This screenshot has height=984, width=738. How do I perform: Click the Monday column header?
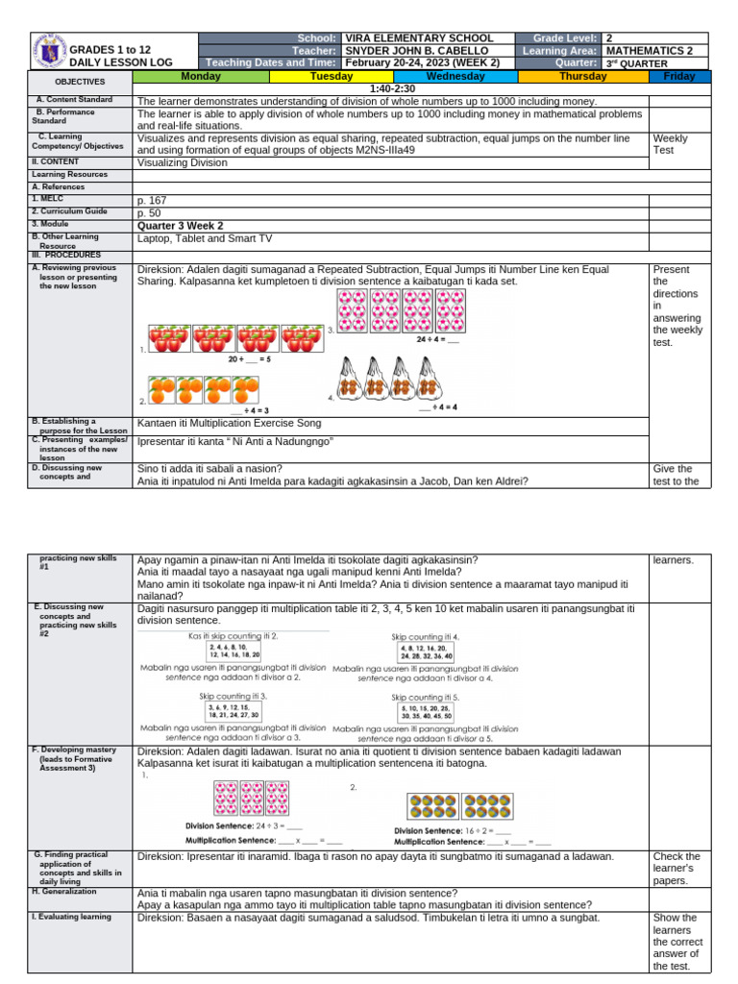tap(200, 76)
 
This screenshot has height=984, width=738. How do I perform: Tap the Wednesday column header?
tap(455, 76)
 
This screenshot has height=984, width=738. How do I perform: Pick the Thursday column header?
tap(583, 76)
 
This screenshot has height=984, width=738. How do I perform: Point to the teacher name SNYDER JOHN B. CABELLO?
tap(415, 50)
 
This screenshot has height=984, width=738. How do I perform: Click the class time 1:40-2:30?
tap(390, 87)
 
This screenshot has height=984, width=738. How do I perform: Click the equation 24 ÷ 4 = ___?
tap(437, 339)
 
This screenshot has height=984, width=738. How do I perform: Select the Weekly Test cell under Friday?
tap(669, 144)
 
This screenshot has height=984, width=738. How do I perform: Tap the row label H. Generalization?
tap(67, 892)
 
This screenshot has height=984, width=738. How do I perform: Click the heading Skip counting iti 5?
tap(425, 698)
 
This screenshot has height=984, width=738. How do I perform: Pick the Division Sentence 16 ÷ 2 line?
tap(453, 830)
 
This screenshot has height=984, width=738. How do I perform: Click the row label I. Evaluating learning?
tap(72, 917)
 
